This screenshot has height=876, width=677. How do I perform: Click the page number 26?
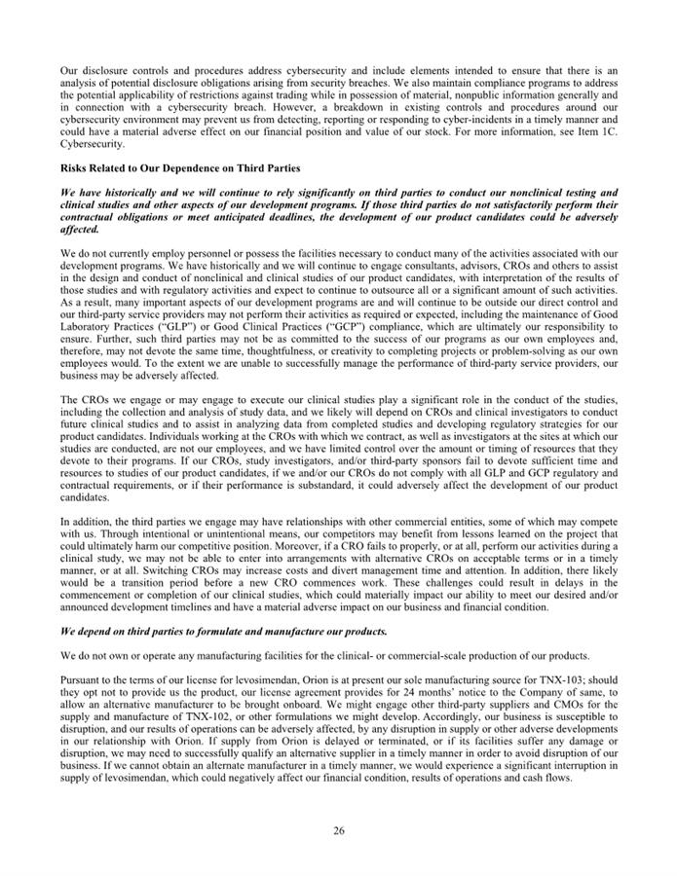tap(338, 829)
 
